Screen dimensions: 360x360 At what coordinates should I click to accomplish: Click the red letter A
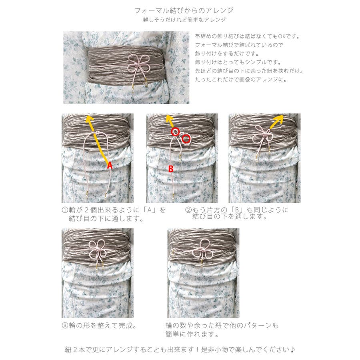(x=110, y=165)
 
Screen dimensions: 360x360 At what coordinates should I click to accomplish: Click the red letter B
(x=171, y=169)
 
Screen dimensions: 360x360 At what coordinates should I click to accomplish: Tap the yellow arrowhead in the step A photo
(x=90, y=119)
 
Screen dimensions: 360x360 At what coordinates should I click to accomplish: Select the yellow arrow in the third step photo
(x=276, y=122)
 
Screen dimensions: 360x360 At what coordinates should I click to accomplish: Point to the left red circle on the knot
(x=175, y=132)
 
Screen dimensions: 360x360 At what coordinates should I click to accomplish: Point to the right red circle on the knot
(x=186, y=139)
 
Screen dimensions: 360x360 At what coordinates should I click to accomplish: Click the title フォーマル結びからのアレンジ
(x=184, y=10)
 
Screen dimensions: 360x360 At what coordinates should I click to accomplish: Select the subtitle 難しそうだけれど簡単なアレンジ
(x=184, y=20)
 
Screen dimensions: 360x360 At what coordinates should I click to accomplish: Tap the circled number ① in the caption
(x=65, y=210)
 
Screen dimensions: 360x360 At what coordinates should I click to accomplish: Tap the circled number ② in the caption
(x=188, y=210)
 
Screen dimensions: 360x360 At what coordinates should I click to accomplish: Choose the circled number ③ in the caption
(x=65, y=325)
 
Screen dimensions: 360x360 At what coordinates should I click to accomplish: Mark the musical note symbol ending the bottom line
(x=292, y=350)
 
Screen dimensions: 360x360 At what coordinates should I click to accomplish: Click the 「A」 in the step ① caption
(x=150, y=210)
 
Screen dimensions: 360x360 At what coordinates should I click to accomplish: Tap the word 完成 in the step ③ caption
(x=126, y=325)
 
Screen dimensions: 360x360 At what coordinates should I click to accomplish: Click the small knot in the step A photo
(x=97, y=133)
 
